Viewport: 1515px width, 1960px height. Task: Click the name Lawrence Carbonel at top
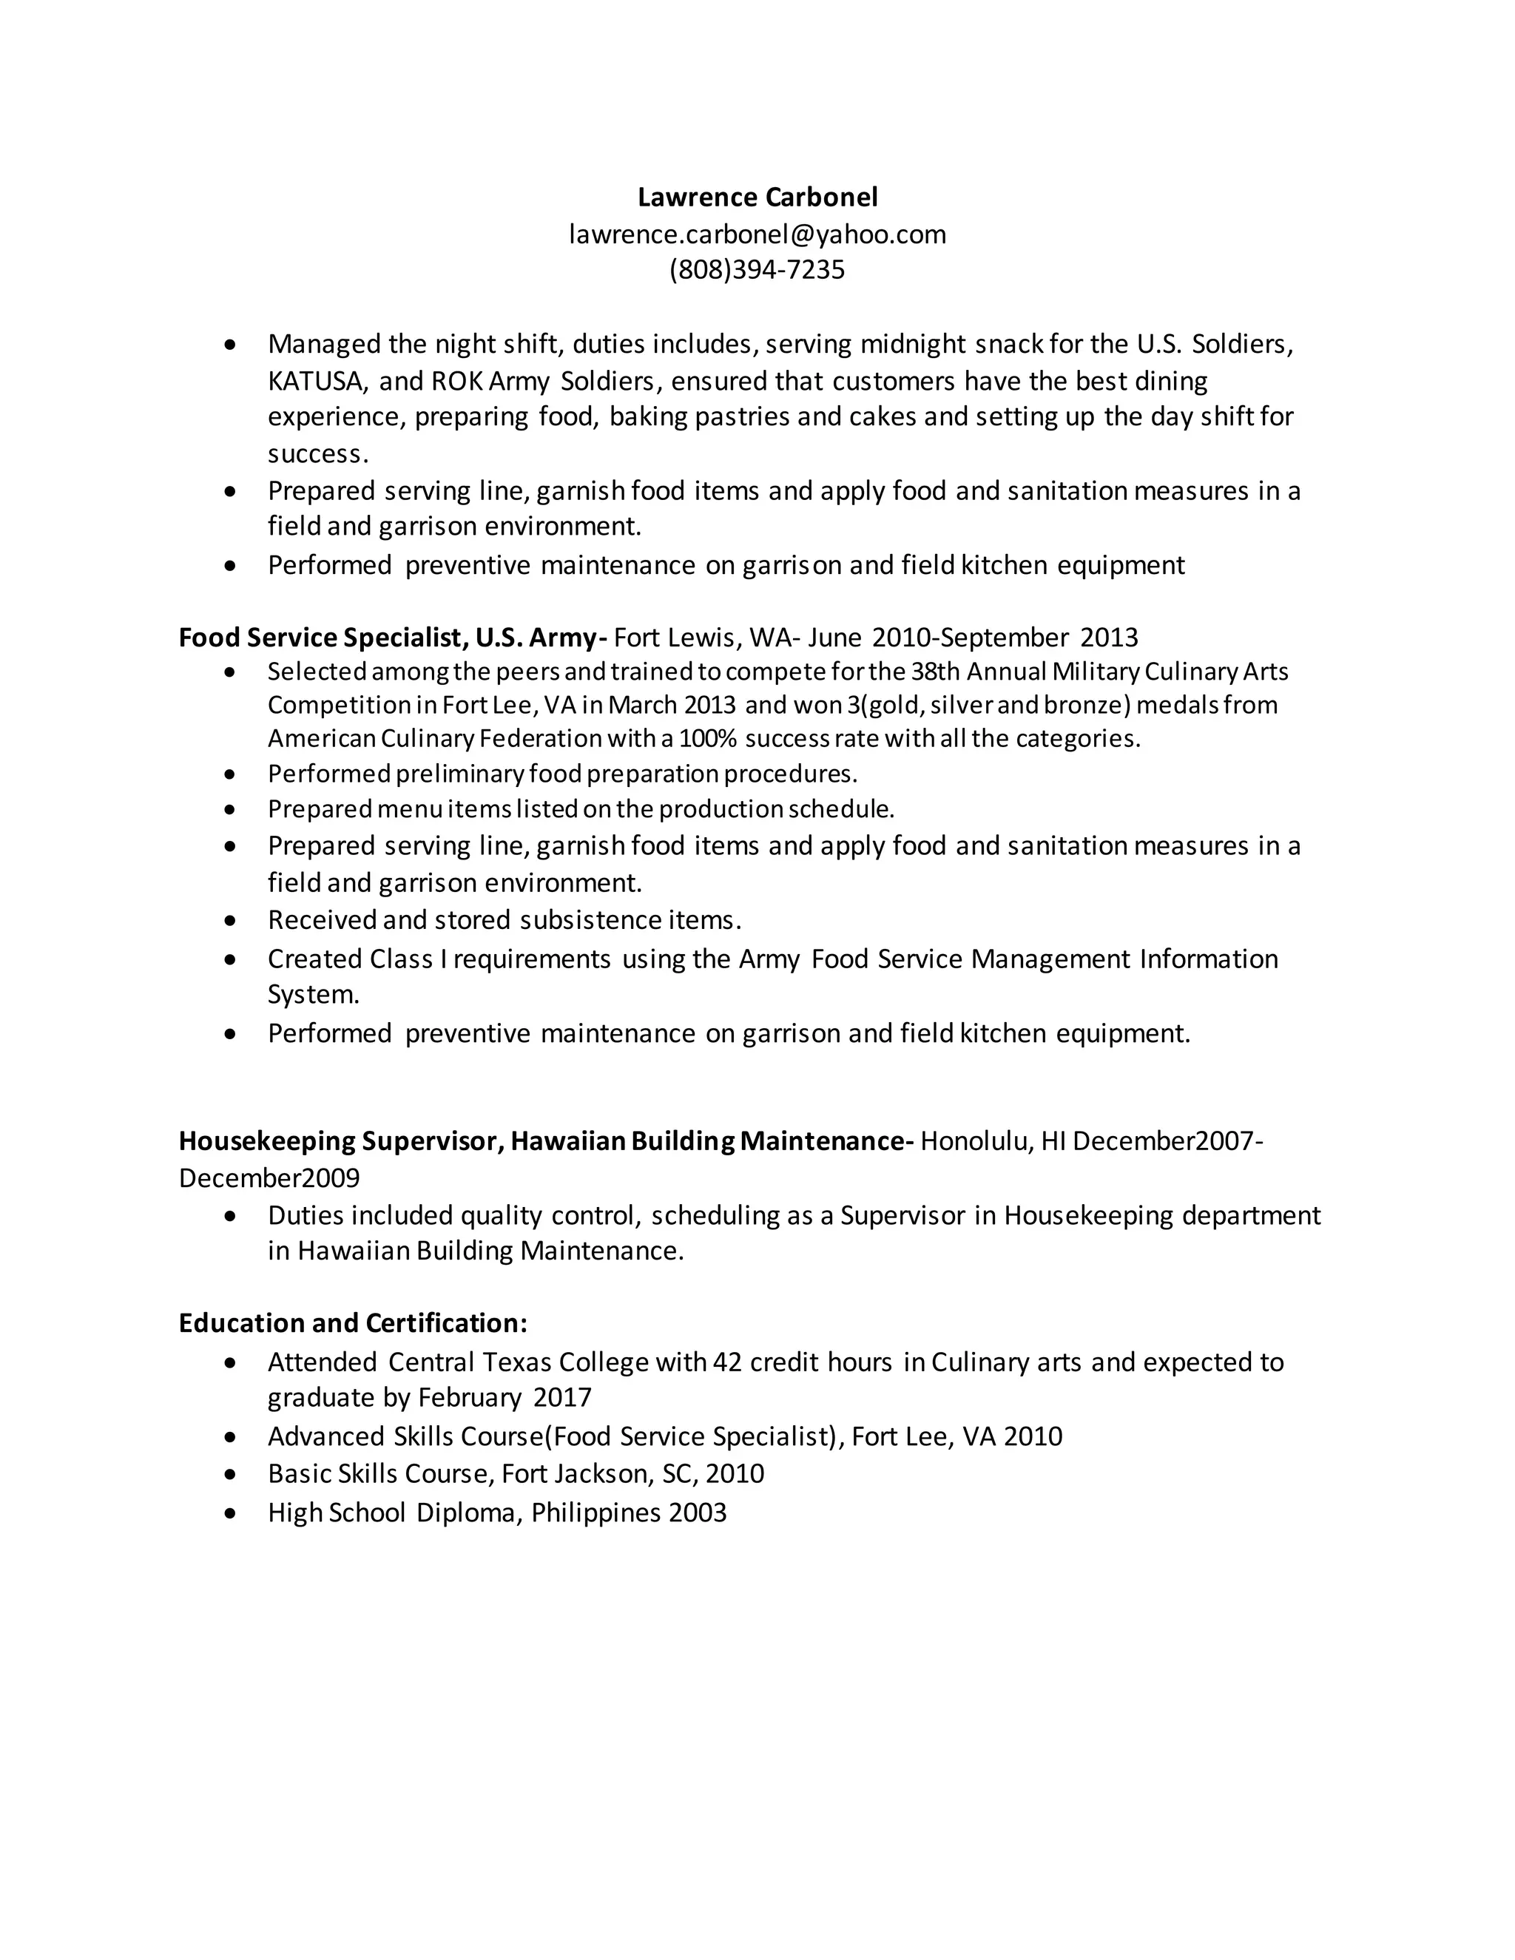[x=757, y=197]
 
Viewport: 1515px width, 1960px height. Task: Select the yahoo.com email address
[x=757, y=234]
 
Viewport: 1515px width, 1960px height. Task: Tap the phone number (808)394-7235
[x=757, y=269]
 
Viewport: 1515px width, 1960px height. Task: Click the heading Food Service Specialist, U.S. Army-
[x=392, y=637]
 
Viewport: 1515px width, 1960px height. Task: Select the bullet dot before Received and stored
[x=231, y=921]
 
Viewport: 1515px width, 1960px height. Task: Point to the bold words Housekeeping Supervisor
[x=341, y=1140]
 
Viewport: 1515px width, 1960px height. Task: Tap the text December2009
[x=269, y=1177]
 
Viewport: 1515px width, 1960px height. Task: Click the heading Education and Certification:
[x=353, y=1323]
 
